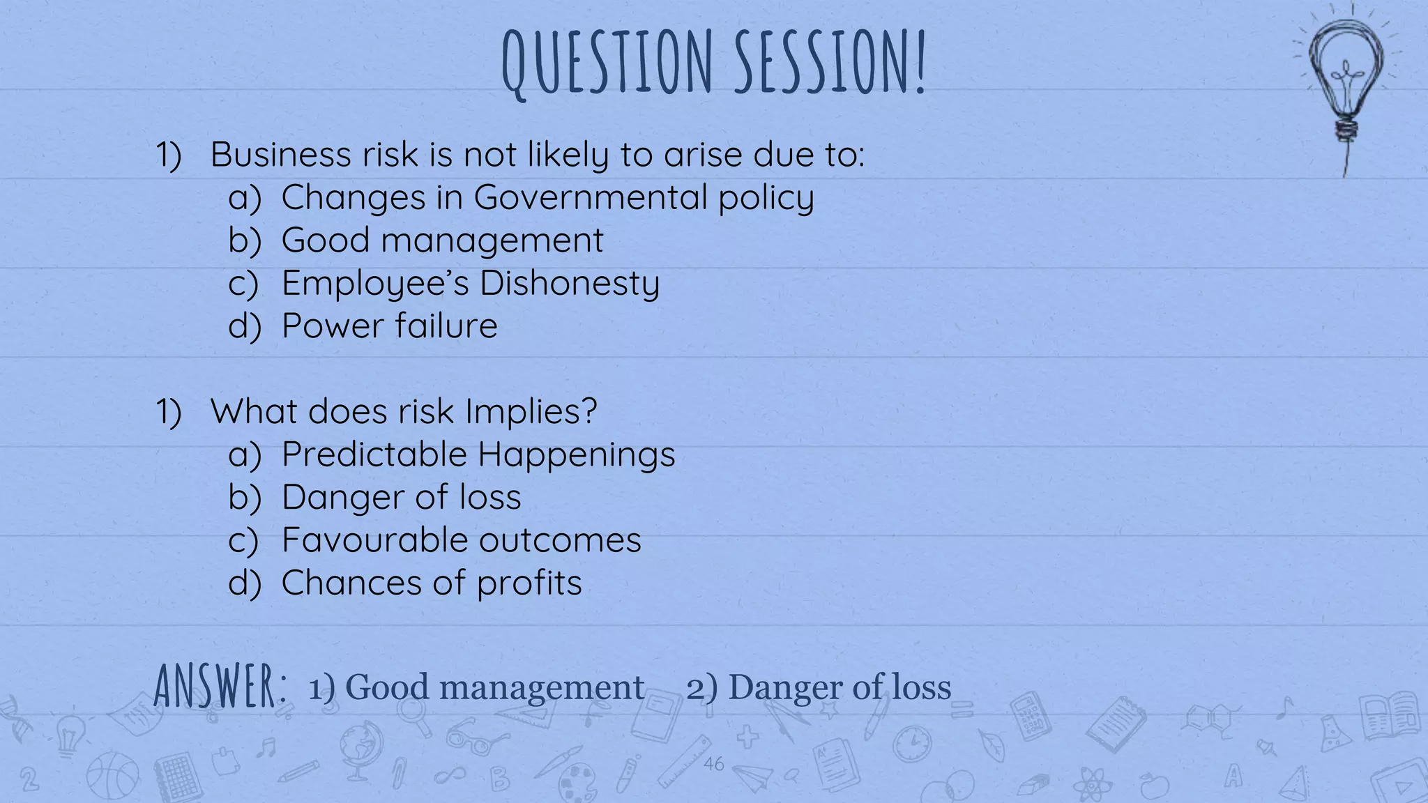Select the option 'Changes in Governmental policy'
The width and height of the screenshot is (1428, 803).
pos(547,197)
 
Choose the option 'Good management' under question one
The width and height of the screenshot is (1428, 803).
pos(442,240)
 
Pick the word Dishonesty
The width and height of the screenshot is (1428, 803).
pos(569,284)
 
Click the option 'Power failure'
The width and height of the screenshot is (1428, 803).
pos(389,326)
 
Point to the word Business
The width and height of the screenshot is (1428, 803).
pos(280,154)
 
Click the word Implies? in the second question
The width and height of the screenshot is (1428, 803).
pos(531,411)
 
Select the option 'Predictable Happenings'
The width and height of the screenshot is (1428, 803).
pos(478,454)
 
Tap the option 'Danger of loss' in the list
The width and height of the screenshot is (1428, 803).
pos(401,498)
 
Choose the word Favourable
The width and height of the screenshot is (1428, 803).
pos(374,540)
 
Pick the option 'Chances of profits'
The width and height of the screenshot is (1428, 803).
pos(431,583)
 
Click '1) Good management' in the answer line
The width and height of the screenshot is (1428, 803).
pos(476,687)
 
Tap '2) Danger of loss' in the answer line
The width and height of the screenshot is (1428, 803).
pos(819,687)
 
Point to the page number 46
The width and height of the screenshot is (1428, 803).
pos(713,764)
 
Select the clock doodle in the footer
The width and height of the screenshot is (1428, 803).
pos(912,744)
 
